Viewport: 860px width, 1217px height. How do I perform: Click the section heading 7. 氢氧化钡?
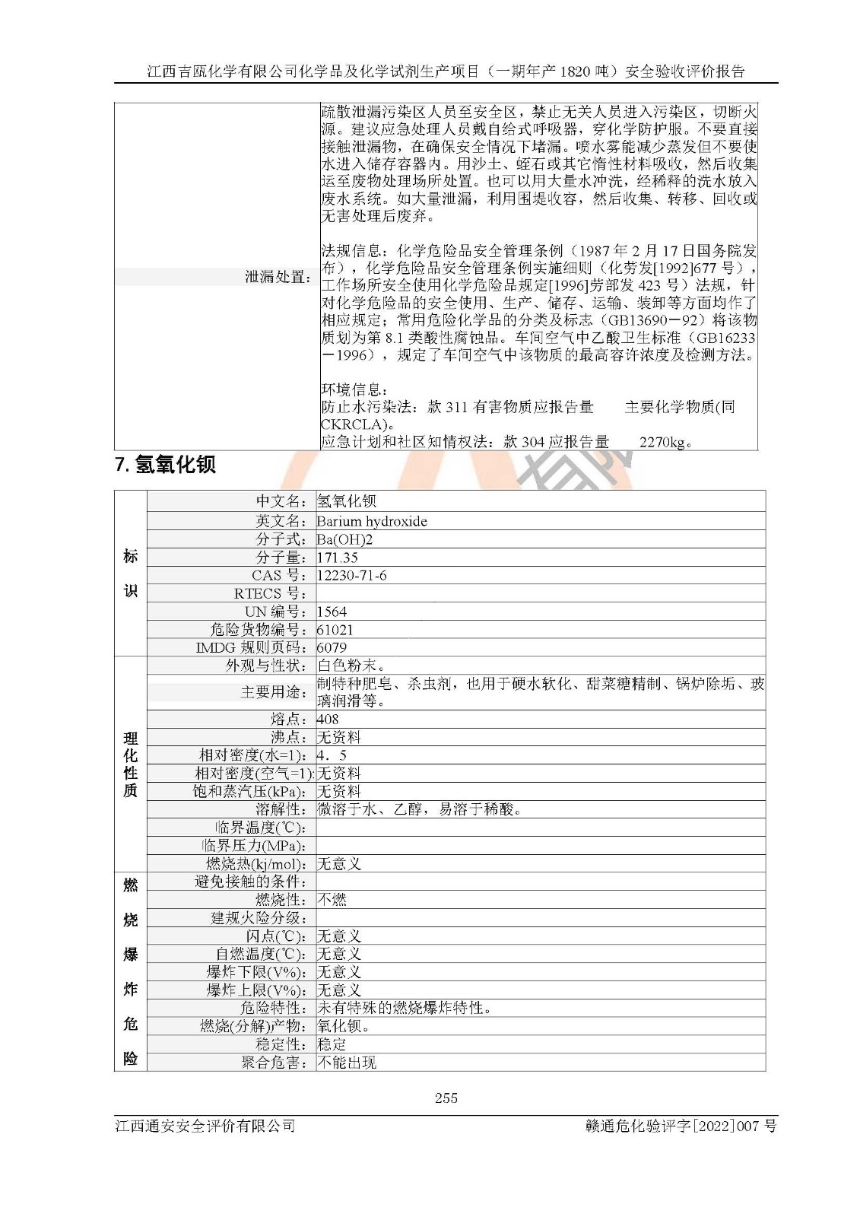click(x=165, y=465)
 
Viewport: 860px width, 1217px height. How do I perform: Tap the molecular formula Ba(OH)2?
click(x=344, y=539)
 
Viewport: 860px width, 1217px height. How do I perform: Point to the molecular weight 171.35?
click(x=337, y=558)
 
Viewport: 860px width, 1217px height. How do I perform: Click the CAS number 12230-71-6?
click(x=351, y=576)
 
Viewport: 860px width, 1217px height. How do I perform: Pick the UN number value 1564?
click(x=332, y=612)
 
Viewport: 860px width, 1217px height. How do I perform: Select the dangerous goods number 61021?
click(x=335, y=630)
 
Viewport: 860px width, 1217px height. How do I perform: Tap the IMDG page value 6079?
click(x=332, y=648)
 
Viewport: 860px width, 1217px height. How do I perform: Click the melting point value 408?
click(x=328, y=719)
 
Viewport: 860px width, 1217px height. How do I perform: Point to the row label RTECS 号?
click(x=270, y=593)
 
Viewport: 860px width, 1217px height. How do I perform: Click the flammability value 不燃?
click(x=332, y=900)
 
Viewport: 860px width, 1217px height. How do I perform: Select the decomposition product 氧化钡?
click(x=343, y=1026)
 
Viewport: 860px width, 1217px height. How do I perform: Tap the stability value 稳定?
click(x=332, y=1044)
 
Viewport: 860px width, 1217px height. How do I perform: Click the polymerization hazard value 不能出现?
click(x=346, y=1063)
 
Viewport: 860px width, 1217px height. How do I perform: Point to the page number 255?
click(x=446, y=1098)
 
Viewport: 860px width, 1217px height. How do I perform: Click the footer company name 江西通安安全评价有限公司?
click(x=205, y=1126)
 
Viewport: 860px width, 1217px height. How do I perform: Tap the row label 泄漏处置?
click(x=278, y=277)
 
